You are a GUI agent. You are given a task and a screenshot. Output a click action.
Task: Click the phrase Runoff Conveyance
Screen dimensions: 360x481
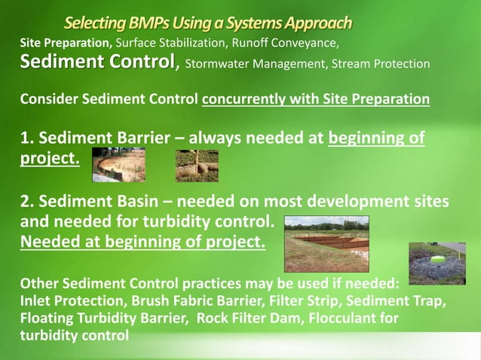pos(293,41)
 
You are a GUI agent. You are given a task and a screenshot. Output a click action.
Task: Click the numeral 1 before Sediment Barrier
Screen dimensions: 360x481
pos(25,139)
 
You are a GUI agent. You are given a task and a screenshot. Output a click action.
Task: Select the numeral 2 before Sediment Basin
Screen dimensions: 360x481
pos(25,203)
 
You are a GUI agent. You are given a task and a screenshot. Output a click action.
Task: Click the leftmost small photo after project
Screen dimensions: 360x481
pos(118,165)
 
